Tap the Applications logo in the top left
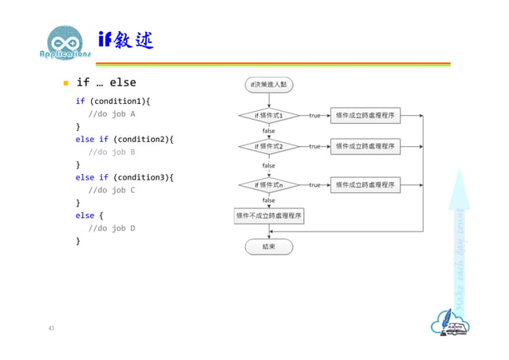(65, 46)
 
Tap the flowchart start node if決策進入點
(269, 84)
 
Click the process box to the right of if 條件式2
(365, 147)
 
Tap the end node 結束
(269, 247)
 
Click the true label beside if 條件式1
(314, 116)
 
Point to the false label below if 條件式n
(269, 200)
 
